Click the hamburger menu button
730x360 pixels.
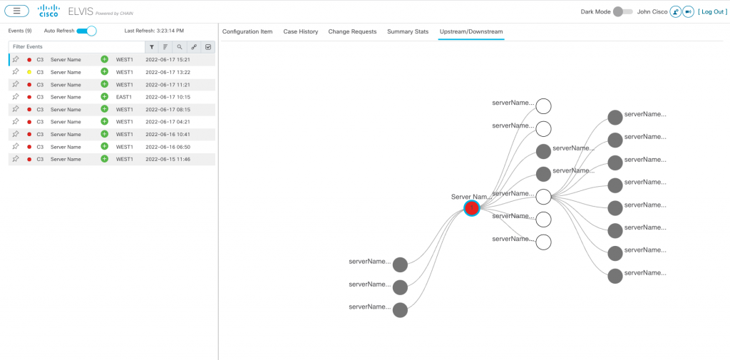tap(17, 11)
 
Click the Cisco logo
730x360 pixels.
tap(48, 11)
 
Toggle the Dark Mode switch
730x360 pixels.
tap(622, 11)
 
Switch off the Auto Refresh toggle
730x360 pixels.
tap(86, 31)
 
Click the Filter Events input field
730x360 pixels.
tap(77, 46)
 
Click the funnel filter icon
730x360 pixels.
tap(152, 47)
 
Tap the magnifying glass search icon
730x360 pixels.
tap(180, 47)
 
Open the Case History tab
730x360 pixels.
tap(301, 31)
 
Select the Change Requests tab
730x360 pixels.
tap(352, 31)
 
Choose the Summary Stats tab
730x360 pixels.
tap(408, 31)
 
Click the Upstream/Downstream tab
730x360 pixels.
tap(471, 31)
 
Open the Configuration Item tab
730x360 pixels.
tap(247, 31)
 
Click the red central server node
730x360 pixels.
tap(472, 208)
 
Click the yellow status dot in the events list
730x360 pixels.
tap(29, 72)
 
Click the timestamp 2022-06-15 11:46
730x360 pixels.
tap(168, 159)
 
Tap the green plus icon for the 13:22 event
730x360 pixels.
tap(104, 72)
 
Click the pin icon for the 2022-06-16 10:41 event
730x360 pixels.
tap(16, 133)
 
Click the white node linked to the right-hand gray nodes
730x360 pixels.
tap(543, 197)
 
